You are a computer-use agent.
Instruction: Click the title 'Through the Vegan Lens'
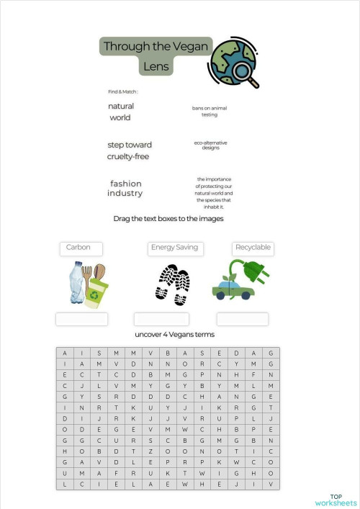156,56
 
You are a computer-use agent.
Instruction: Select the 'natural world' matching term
121,112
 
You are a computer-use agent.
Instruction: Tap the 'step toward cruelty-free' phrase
130,150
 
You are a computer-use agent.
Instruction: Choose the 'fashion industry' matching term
125,188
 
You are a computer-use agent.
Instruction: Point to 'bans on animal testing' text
210,111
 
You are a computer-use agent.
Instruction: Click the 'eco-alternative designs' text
210,145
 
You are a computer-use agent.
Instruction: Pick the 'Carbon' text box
81,248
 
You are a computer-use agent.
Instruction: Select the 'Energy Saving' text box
175,248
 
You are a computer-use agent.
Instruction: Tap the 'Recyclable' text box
253,248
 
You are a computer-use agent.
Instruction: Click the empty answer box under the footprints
161,319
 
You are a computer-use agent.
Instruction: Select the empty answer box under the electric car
243,319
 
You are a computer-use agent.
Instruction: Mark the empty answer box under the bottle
81,319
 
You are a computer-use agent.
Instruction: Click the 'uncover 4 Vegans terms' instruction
174,335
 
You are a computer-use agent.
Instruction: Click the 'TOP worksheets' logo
336,500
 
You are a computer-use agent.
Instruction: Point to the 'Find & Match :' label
122,92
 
